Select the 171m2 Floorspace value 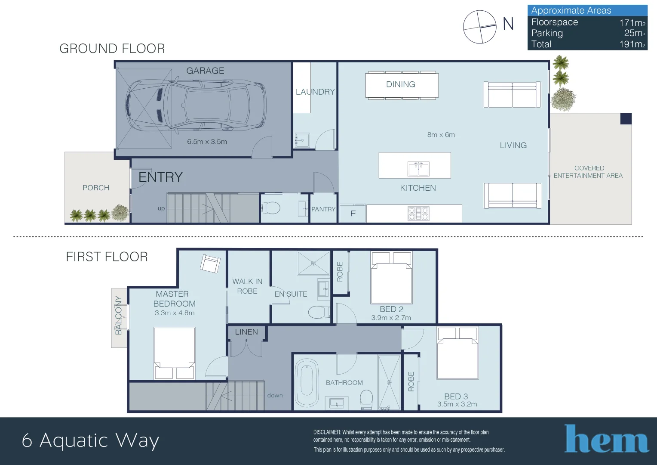[x=632, y=23]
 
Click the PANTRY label [x=323, y=209]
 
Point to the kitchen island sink [x=418, y=169]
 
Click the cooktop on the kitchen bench [x=418, y=214]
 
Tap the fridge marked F [x=353, y=213]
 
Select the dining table [x=402, y=85]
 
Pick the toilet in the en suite [x=319, y=312]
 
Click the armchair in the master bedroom [x=210, y=264]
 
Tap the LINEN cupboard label [x=246, y=332]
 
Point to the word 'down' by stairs [x=275, y=395]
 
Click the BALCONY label [x=119, y=315]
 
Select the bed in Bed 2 [x=392, y=278]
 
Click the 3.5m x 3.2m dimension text [x=457, y=404]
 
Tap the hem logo [x=607, y=438]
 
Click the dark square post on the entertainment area [x=626, y=119]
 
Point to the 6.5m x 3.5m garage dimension [x=207, y=142]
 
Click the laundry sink [x=302, y=140]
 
